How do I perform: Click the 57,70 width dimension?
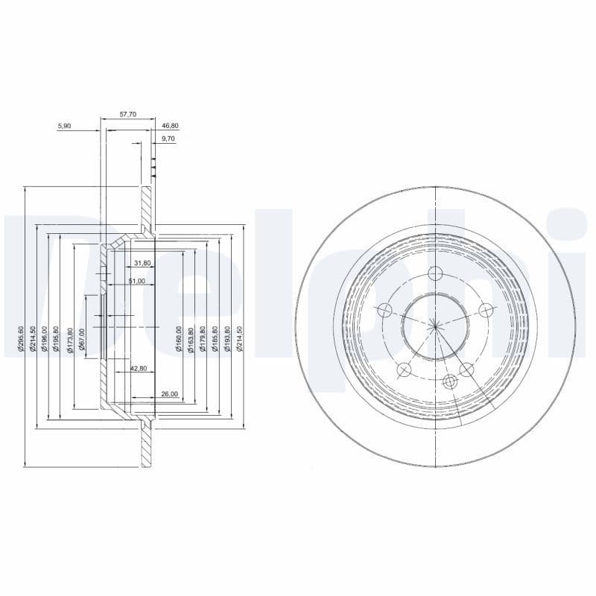(128, 115)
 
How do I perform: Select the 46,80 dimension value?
(170, 126)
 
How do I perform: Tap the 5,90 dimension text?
(64, 126)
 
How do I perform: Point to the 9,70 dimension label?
(168, 139)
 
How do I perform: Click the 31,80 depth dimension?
(142, 263)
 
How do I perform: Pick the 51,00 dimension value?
(136, 281)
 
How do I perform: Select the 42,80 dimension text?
(139, 369)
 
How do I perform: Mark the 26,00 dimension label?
(168, 393)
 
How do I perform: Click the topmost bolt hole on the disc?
(436, 273)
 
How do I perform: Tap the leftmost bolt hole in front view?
(385, 310)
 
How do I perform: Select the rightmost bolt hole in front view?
(486, 310)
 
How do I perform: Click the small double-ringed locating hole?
(449, 381)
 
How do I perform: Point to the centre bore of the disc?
(435, 325)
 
